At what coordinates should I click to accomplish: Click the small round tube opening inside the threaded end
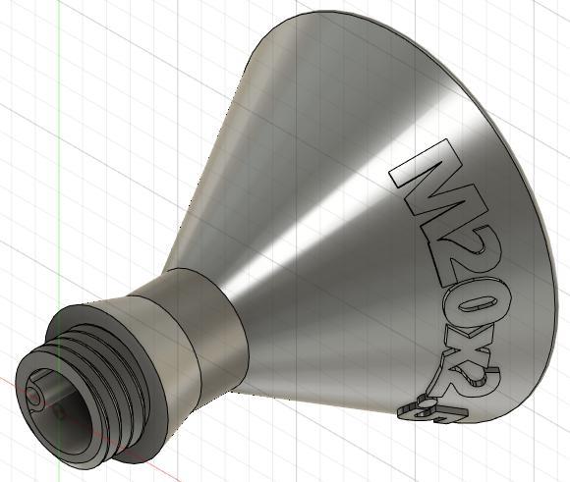pyautogui.click(x=36, y=396)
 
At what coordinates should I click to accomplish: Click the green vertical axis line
pyautogui.click(x=59, y=147)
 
